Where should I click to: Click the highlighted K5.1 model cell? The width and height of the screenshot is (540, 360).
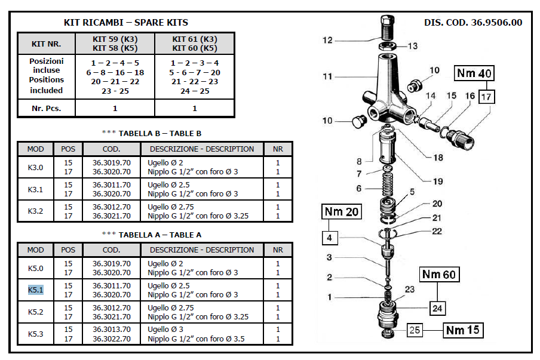(36, 290)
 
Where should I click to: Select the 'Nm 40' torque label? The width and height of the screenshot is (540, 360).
(474, 73)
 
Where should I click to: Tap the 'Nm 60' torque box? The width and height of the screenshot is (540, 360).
(440, 275)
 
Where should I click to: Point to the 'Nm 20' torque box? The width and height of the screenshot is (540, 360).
(342, 213)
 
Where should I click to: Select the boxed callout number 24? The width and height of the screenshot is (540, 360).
(438, 309)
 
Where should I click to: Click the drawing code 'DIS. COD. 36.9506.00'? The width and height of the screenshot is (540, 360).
(473, 23)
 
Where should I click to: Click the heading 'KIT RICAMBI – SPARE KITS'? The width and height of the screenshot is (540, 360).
(126, 23)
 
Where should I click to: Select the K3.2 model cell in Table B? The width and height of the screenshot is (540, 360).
(36, 211)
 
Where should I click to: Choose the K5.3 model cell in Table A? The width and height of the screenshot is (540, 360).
(36, 334)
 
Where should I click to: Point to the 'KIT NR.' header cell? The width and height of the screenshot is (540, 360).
(46, 44)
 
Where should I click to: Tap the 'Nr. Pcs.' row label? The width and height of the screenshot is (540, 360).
(46, 109)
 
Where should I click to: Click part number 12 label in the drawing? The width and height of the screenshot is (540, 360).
(327, 41)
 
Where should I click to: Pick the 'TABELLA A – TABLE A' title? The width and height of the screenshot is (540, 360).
(152, 235)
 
